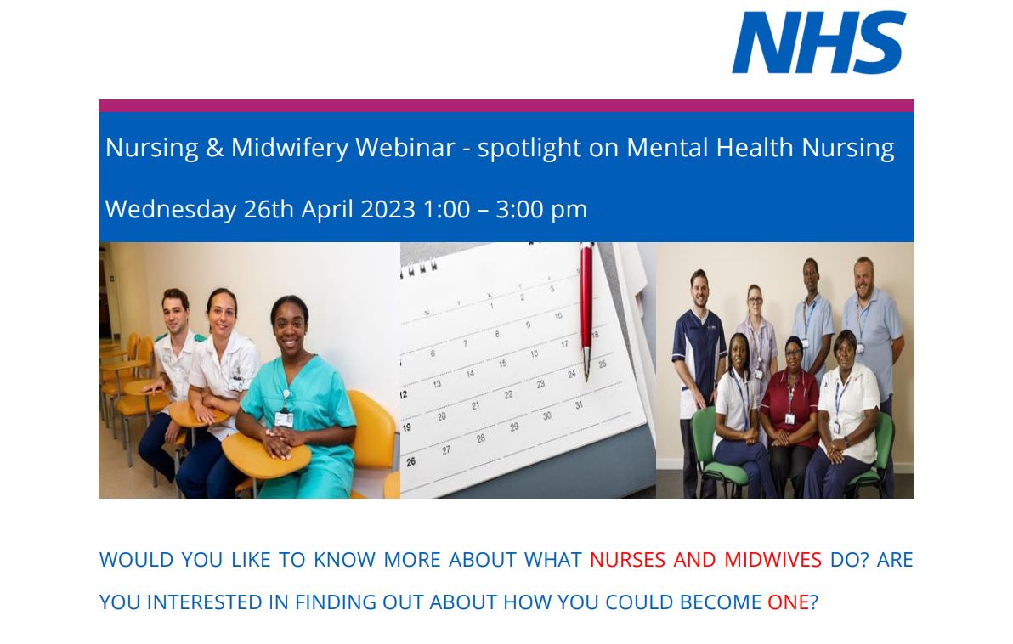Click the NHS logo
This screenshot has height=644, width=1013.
pyautogui.click(x=818, y=42)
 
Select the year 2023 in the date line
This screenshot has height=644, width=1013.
pyautogui.click(x=388, y=209)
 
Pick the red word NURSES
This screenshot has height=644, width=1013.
pyautogui.click(x=627, y=560)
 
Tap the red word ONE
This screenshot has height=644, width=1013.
pyautogui.click(x=788, y=602)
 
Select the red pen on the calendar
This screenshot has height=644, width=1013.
pyautogui.click(x=586, y=306)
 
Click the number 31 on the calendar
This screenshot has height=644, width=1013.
pyautogui.click(x=580, y=406)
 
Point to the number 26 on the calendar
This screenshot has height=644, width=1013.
pyautogui.click(x=411, y=461)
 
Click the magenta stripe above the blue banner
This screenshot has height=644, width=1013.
pyautogui.click(x=506, y=106)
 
